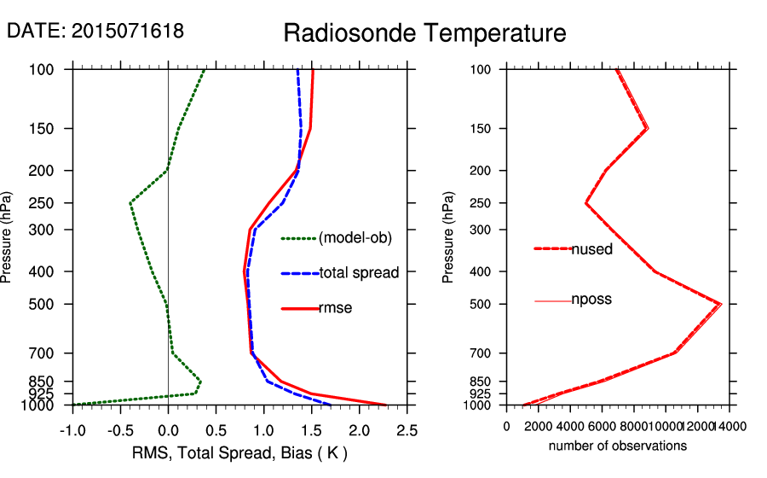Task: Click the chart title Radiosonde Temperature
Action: (424, 34)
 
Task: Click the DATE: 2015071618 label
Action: (95, 32)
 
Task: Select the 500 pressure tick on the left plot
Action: (55, 304)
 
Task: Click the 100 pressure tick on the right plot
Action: (482, 69)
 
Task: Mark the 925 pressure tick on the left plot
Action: (55, 393)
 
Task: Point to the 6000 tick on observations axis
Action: (602, 426)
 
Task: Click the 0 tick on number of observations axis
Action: (507, 426)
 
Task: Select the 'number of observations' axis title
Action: (618, 446)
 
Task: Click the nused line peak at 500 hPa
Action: (720, 304)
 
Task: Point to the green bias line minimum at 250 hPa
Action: (130, 203)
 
